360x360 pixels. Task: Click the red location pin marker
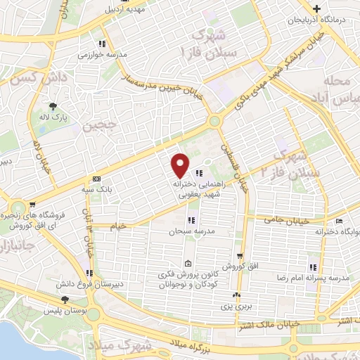coord(181,165)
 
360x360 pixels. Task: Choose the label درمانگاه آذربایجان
coord(318,20)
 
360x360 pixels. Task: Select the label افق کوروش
coord(239,267)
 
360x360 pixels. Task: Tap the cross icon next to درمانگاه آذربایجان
coord(318,9)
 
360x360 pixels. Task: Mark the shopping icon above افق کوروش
coord(240,256)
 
